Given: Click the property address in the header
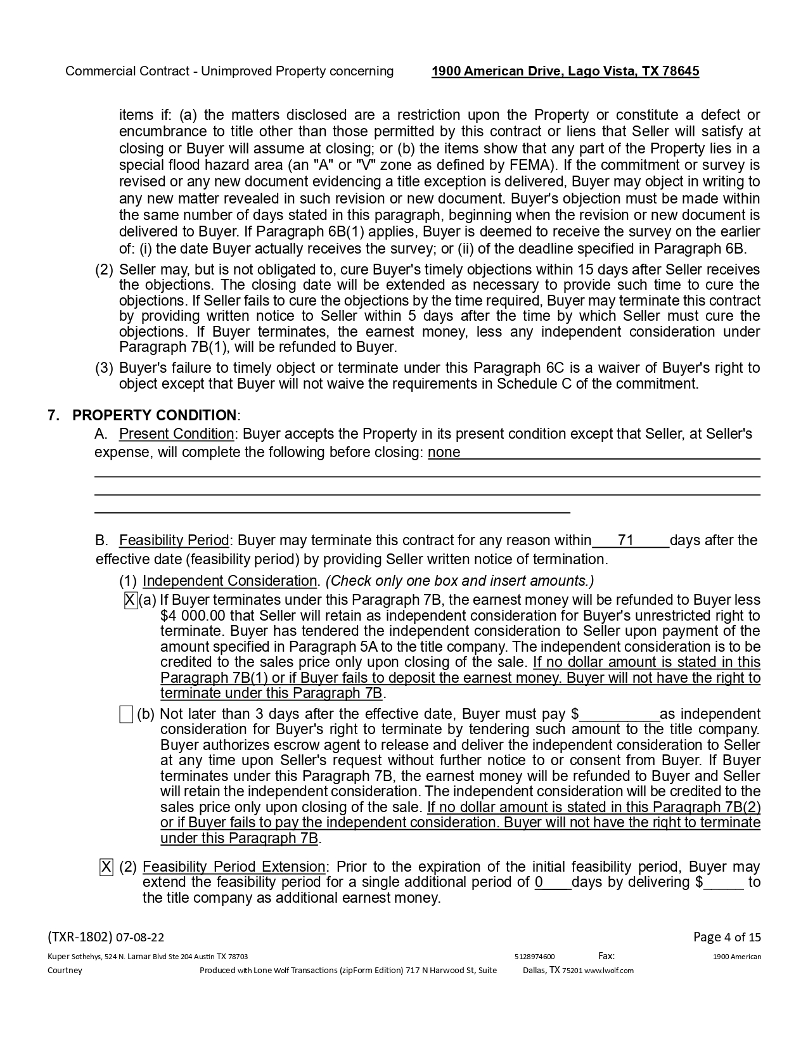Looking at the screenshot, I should (x=565, y=71).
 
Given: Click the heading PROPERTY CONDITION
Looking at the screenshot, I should (x=155, y=415).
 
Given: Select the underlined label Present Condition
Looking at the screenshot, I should (x=176, y=434).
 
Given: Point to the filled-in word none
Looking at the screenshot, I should (x=444, y=452).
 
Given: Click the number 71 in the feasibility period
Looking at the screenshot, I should (x=625, y=540).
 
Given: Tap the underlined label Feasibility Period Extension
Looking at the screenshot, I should (x=234, y=867).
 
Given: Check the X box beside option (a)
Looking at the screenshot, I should (x=131, y=600).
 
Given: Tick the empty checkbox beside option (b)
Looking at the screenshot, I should (x=126, y=714).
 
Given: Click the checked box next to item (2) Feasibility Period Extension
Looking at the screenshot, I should (x=106, y=867).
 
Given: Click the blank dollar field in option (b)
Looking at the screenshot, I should (x=619, y=714).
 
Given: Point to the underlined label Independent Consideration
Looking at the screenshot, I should (x=229, y=581).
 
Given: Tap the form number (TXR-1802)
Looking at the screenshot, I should (x=80, y=937).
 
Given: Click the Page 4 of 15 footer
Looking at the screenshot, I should (x=727, y=937).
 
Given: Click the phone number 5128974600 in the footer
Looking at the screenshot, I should (x=535, y=957).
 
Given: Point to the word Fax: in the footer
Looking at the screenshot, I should (x=606, y=956).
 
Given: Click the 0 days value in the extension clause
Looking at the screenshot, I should (x=539, y=882).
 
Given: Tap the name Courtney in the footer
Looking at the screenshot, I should (x=65, y=971).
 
